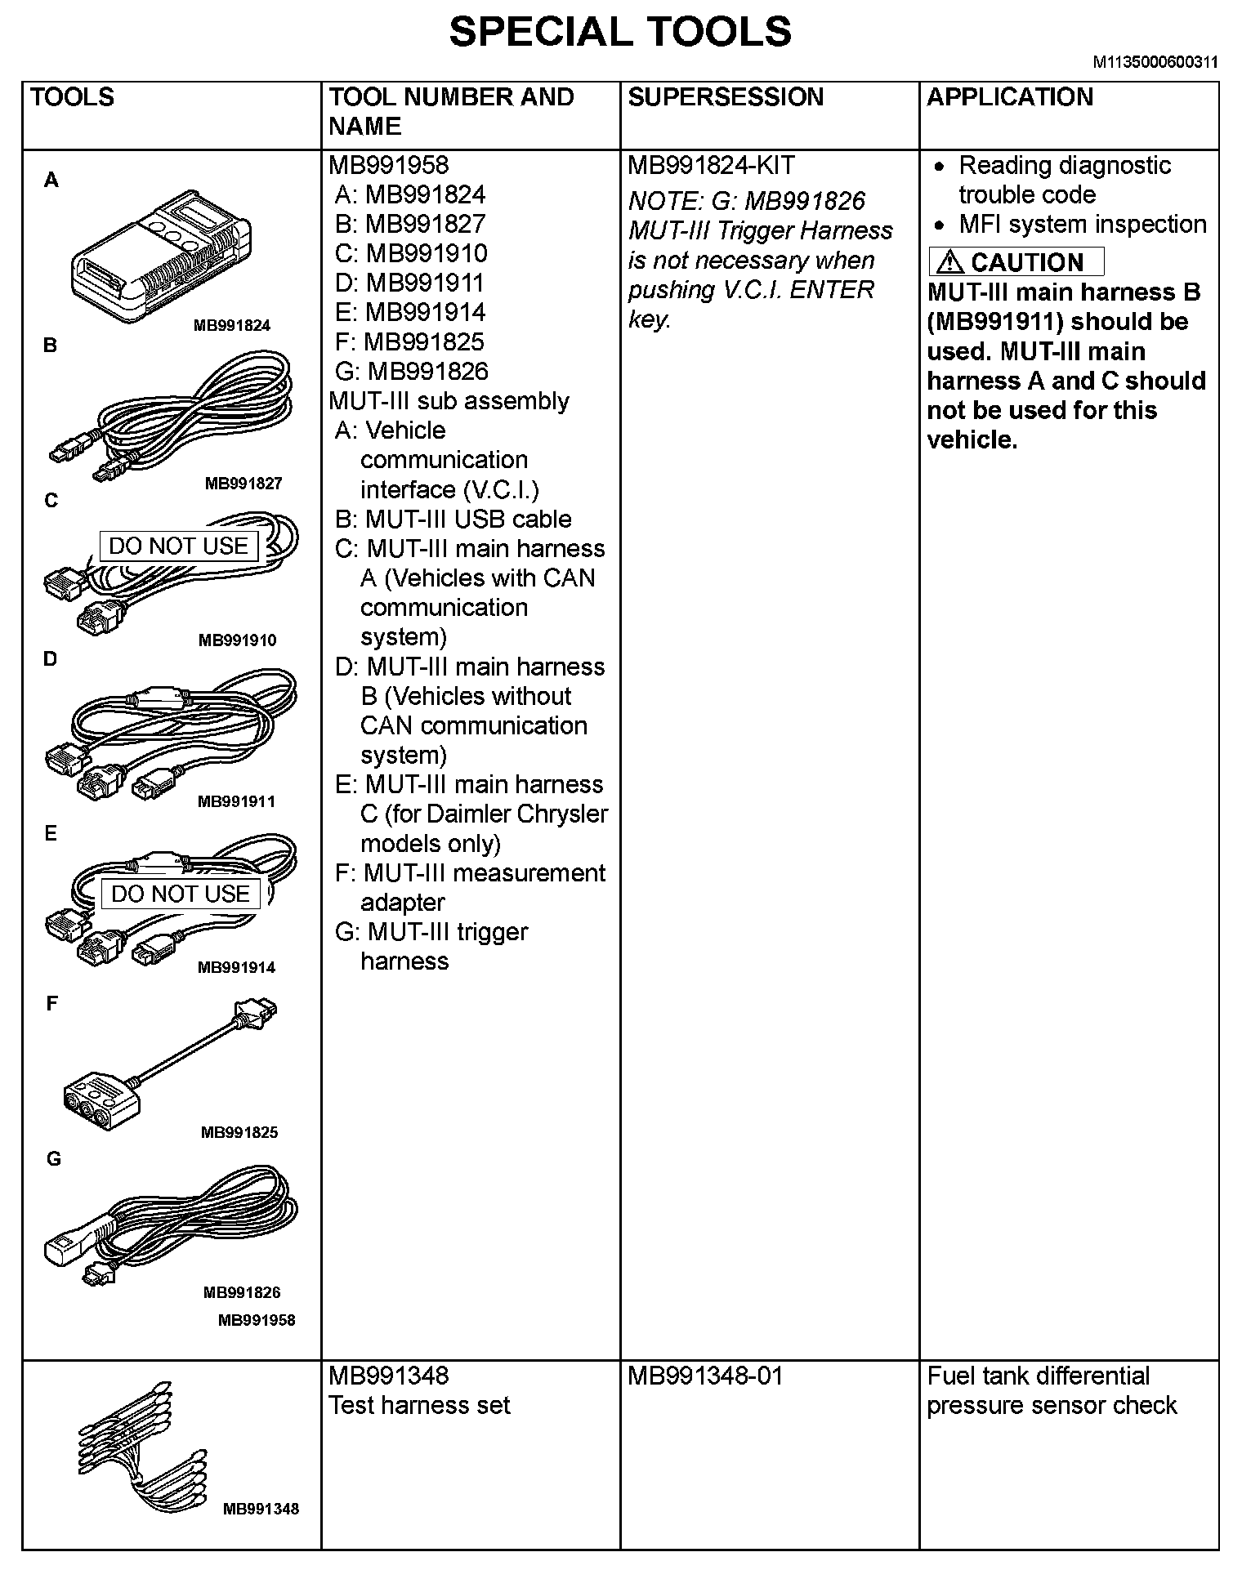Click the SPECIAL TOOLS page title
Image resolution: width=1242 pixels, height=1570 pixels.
[x=620, y=33]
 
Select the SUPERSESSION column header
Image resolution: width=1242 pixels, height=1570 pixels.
[x=725, y=97]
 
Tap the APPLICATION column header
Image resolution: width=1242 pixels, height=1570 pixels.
[x=1009, y=97]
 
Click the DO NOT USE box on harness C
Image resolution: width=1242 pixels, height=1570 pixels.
[x=178, y=546]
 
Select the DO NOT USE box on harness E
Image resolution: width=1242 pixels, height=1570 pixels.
[x=180, y=894]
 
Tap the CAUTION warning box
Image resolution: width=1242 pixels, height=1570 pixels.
[x=1016, y=262]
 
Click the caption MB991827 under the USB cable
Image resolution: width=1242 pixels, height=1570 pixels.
[x=243, y=484]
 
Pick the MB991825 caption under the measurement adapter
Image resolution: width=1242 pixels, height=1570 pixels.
[x=239, y=1132]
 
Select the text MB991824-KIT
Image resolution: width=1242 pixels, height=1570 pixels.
[x=711, y=166]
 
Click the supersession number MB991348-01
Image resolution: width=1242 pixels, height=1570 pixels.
[x=705, y=1376]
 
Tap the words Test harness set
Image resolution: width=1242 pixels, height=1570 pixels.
[x=419, y=1406]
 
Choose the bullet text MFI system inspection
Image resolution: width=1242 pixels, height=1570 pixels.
[x=1082, y=225]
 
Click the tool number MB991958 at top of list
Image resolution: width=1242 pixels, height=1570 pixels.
[x=389, y=166]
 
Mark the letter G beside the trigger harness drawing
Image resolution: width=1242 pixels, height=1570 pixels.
[x=53, y=1159]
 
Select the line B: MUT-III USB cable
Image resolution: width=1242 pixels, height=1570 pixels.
[x=453, y=520]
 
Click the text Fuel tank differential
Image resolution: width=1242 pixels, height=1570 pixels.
[x=1038, y=1376]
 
